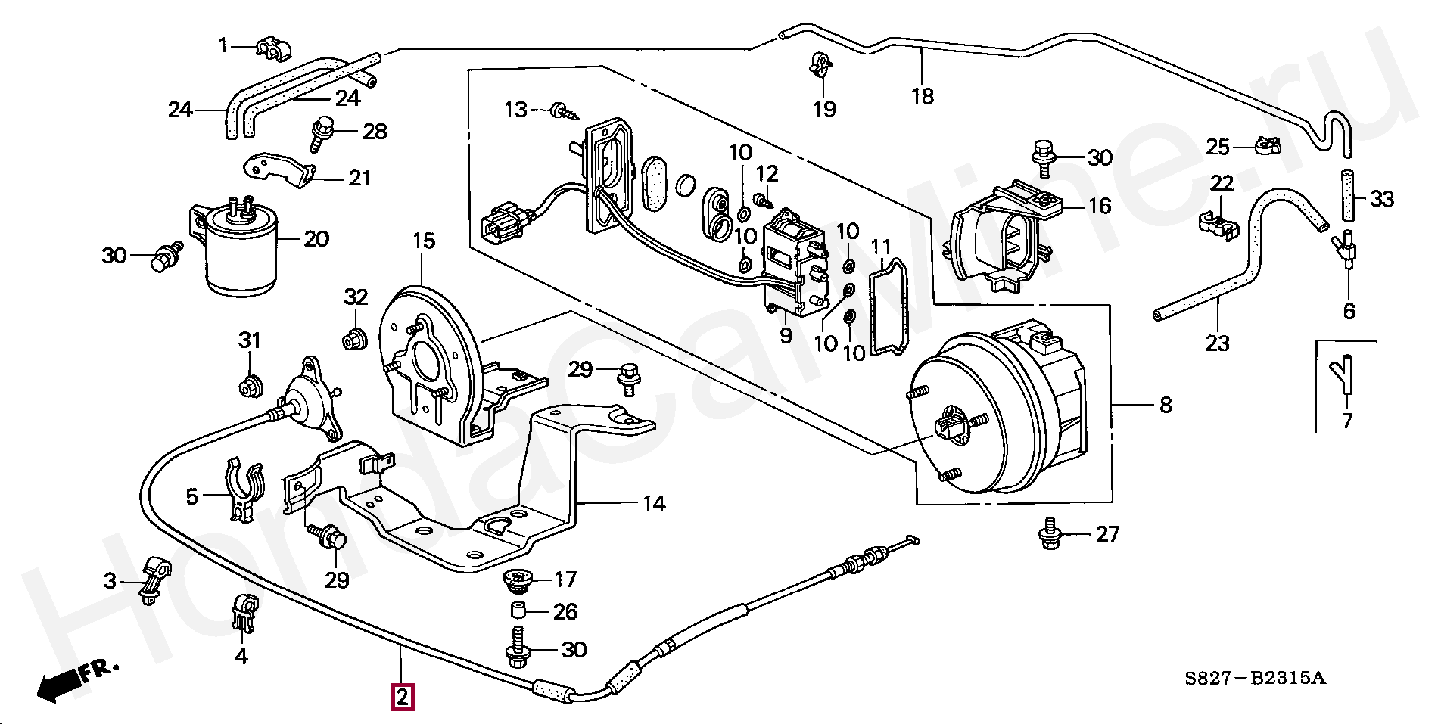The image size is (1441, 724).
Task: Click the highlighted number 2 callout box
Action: point(402,696)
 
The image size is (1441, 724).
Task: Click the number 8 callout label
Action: point(1166,406)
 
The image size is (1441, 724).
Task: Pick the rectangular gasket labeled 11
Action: point(889,306)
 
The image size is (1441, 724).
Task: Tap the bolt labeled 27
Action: point(1050,533)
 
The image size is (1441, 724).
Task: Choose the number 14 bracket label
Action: point(654,504)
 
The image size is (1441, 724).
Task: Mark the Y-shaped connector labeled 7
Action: point(1346,376)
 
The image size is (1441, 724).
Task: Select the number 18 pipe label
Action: point(923,96)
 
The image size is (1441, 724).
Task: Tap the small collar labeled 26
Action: point(518,611)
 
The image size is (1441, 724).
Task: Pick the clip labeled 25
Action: point(1265,144)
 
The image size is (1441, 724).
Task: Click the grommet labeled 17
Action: point(518,581)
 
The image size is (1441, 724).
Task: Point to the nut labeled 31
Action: point(250,386)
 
